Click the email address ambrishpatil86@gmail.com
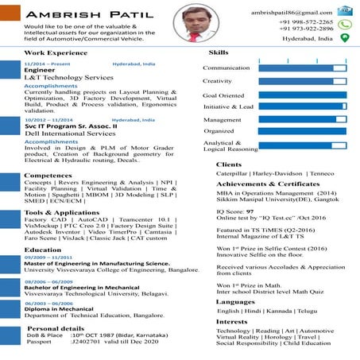click(292, 13)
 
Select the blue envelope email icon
click(344, 11)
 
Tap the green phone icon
click(344, 25)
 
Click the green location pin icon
click(344, 37)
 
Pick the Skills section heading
click(219, 52)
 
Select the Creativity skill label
click(217, 81)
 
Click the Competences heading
click(48, 175)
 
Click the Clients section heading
click(229, 165)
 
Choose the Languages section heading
click(236, 301)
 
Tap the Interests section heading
click(232, 321)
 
